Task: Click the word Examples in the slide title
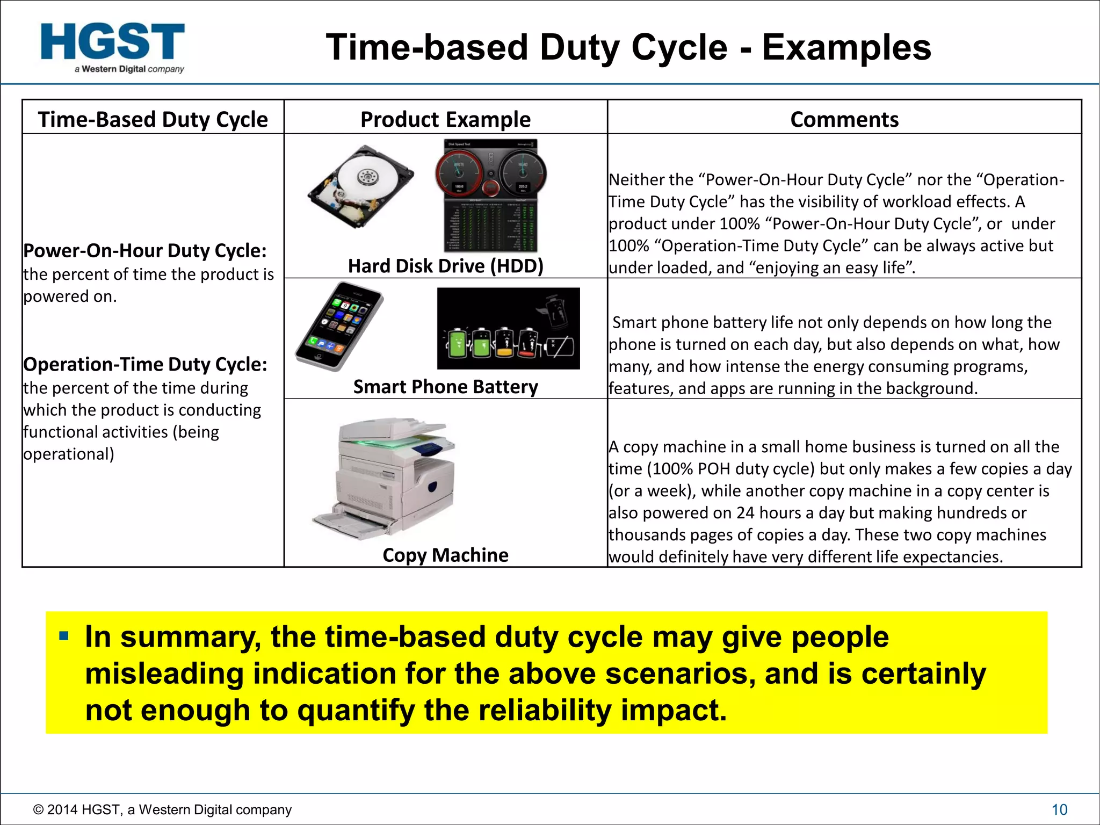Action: pyautogui.click(x=846, y=47)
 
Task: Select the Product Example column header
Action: pyautogui.click(x=445, y=119)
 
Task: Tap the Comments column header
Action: pyautogui.click(x=844, y=119)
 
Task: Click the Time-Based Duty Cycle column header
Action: pyautogui.click(x=153, y=119)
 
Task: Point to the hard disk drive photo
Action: pyautogui.click(x=360, y=186)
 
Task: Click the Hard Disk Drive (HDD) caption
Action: pyautogui.click(x=445, y=266)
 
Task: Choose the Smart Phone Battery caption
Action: pyautogui.click(x=445, y=387)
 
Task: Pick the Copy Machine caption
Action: pyautogui.click(x=445, y=555)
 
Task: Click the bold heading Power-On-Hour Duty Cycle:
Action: pyautogui.click(x=145, y=251)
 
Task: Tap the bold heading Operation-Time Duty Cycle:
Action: pyautogui.click(x=145, y=365)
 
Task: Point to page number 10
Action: pyautogui.click(x=1059, y=809)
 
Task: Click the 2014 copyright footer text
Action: pyautogui.click(x=162, y=809)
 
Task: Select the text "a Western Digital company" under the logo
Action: pyautogui.click(x=129, y=69)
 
